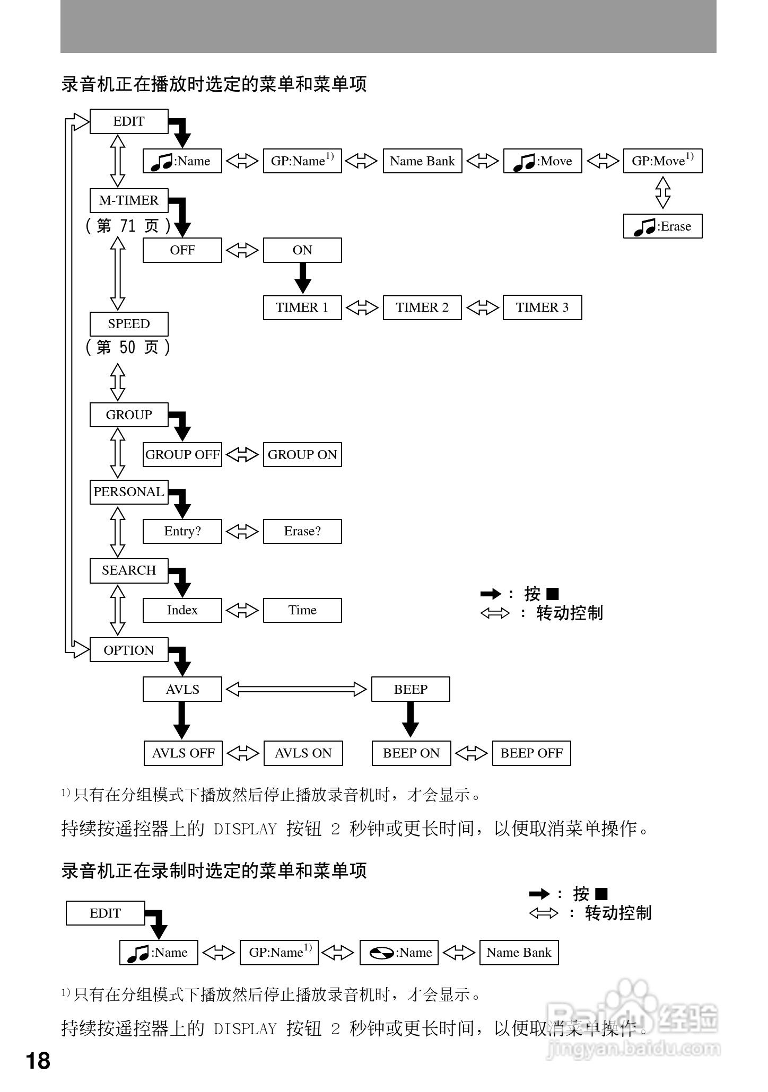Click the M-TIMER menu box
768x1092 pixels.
129,200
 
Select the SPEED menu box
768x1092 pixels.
129,324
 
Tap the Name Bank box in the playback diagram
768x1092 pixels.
422,161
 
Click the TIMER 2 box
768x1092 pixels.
422,307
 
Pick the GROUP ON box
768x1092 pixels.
302,455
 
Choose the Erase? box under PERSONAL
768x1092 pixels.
302,531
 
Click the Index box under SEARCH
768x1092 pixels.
182,610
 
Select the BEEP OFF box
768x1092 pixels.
531,753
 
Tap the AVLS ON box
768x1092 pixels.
303,753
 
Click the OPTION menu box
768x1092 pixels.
129,650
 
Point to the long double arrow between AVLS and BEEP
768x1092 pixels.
296,689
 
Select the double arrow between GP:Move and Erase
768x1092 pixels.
662,192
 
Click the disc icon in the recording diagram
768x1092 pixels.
381,953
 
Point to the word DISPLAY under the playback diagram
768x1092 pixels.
245,829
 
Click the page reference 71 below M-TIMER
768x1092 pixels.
128,226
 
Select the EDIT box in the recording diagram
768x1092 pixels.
105,913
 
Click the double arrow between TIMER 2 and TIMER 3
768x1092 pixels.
482,307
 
